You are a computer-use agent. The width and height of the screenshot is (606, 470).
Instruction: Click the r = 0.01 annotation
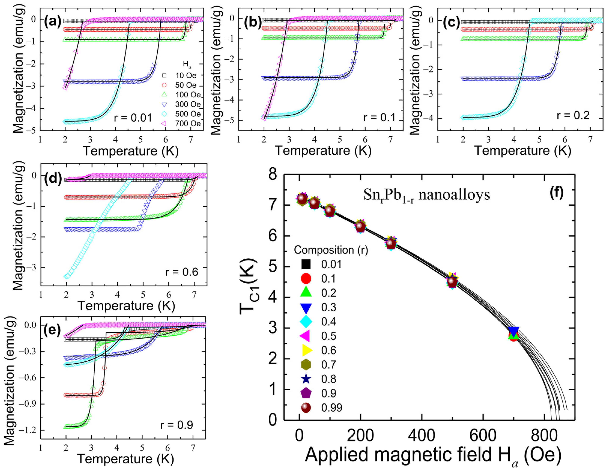(133, 118)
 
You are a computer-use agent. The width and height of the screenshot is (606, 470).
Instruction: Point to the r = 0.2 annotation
(573, 115)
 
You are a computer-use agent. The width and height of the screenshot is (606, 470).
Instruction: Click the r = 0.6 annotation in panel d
(182, 272)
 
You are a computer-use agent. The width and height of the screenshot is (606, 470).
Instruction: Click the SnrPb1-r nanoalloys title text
(426, 195)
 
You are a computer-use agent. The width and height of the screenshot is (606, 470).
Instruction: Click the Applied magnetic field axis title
(433, 455)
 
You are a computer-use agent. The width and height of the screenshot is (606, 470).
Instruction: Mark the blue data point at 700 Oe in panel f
(514, 331)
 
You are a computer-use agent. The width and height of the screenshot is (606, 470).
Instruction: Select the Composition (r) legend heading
(331, 250)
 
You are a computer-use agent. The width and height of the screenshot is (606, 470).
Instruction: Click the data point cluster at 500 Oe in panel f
(452, 281)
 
